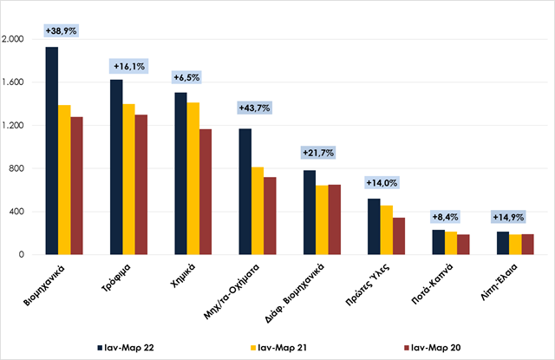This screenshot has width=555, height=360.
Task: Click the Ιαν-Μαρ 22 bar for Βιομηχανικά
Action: point(52,151)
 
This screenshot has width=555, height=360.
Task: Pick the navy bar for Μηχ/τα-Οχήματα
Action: point(245,192)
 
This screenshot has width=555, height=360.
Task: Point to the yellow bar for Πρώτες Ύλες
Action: point(387,230)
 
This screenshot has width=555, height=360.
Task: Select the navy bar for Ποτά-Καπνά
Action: point(439,242)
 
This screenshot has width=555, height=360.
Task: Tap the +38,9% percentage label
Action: point(61,30)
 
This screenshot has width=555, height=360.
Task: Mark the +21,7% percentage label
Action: point(318,153)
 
